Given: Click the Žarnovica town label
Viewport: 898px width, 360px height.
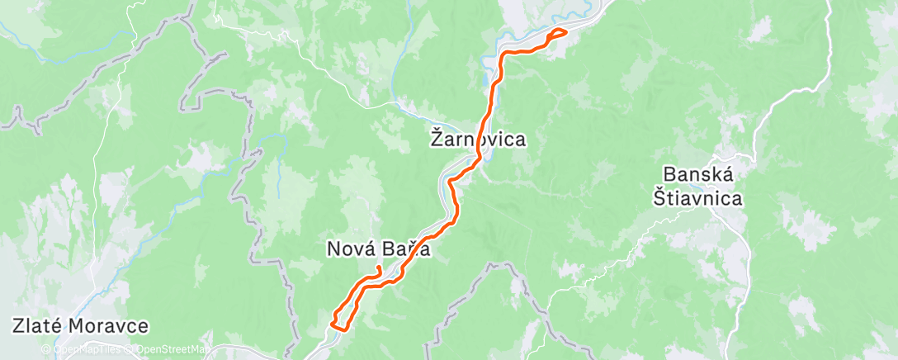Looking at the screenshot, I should (x=479, y=140).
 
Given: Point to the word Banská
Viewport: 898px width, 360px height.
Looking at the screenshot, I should (x=701, y=176).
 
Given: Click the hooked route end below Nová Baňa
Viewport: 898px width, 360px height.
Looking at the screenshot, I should (x=378, y=270).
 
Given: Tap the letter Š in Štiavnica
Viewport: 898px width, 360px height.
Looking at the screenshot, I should (x=660, y=197).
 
